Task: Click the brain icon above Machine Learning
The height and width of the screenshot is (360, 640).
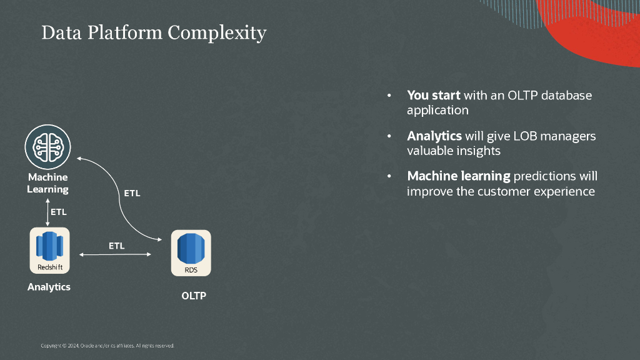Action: (47, 147)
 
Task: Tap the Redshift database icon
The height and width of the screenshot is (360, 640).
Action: (50, 251)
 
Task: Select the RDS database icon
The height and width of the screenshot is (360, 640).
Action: (191, 253)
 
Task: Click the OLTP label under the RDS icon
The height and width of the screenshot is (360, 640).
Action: (194, 296)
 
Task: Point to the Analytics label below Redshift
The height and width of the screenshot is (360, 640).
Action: (49, 287)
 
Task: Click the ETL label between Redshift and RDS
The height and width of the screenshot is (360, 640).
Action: (117, 246)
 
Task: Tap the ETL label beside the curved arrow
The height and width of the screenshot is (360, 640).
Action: (132, 193)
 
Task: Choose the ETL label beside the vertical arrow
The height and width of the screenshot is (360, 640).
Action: (58, 212)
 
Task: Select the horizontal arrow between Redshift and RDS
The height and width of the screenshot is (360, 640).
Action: (115, 254)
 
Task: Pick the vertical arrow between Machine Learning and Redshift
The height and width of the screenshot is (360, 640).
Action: (47, 212)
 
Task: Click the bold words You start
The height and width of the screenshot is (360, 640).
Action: (434, 95)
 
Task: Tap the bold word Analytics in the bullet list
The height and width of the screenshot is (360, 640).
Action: (434, 136)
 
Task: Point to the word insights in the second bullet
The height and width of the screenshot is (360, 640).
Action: (478, 151)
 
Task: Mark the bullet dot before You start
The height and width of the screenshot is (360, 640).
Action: (389, 96)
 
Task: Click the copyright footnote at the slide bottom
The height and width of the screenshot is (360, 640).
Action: (107, 346)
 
